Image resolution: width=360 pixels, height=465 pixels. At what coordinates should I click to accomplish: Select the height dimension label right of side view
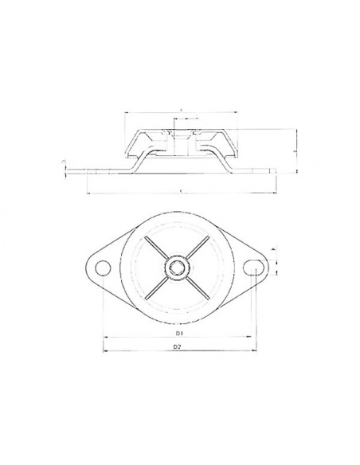pyautogui.click(x=295, y=149)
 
